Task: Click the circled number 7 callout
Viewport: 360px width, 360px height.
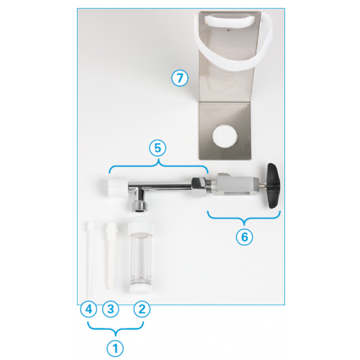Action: click(180, 78)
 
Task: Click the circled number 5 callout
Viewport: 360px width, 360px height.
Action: click(158, 148)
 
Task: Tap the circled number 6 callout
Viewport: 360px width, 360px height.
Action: click(244, 237)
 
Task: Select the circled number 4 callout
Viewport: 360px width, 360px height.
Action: click(89, 309)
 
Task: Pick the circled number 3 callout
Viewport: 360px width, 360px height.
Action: click(111, 309)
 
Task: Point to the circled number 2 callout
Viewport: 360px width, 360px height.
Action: click(142, 309)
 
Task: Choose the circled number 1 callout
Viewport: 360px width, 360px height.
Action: click(115, 348)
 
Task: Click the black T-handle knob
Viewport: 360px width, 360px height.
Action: click(273, 186)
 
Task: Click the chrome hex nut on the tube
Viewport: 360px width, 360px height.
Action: click(199, 186)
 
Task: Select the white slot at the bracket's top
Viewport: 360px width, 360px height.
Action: click(229, 20)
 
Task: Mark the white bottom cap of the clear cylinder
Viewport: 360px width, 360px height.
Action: click(140, 288)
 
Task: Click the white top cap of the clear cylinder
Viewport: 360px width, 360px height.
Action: click(140, 227)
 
